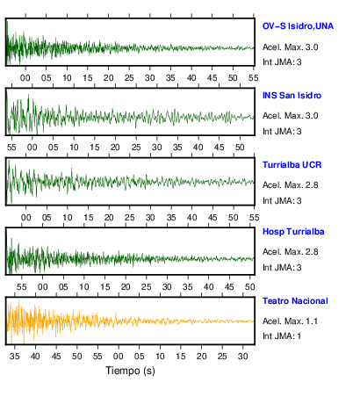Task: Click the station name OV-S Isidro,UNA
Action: pyautogui.click(x=298, y=26)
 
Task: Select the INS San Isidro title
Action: pyautogui.click(x=292, y=96)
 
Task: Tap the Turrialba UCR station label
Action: pyautogui.click(x=292, y=165)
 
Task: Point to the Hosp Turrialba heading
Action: pyautogui.click(x=293, y=232)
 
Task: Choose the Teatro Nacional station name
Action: pyautogui.click(x=295, y=301)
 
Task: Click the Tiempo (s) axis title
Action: pyautogui.click(x=130, y=371)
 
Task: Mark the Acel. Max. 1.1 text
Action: pyautogui.click(x=290, y=321)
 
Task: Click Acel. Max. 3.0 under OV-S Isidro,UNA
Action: pyautogui.click(x=290, y=47)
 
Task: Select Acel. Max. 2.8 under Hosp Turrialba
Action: pyautogui.click(x=290, y=252)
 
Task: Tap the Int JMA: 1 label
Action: pyautogui.click(x=282, y=336)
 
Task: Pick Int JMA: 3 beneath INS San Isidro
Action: pyautogui.click(x=282, y=132)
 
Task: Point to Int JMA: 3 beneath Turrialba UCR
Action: pyautogui.click(x=282, y=201)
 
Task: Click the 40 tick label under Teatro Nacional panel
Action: pyautogui.click(x=35, y=357)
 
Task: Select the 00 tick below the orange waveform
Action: pyautogui.click(x=119, y=357)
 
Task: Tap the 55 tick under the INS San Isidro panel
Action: pyautogui.click(x=11, y=148)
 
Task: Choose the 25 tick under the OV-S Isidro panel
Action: pyautogui.click(x=129, y=78)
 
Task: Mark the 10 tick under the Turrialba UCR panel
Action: pyautogui.click(x=68, y=218)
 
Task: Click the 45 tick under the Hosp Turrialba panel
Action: pyautogui.click(x=229, y=287)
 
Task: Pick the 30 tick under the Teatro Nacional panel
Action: pyautogui.click(x=243, y=357)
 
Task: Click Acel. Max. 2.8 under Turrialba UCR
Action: pyautogui.click(x=290, y=185)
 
